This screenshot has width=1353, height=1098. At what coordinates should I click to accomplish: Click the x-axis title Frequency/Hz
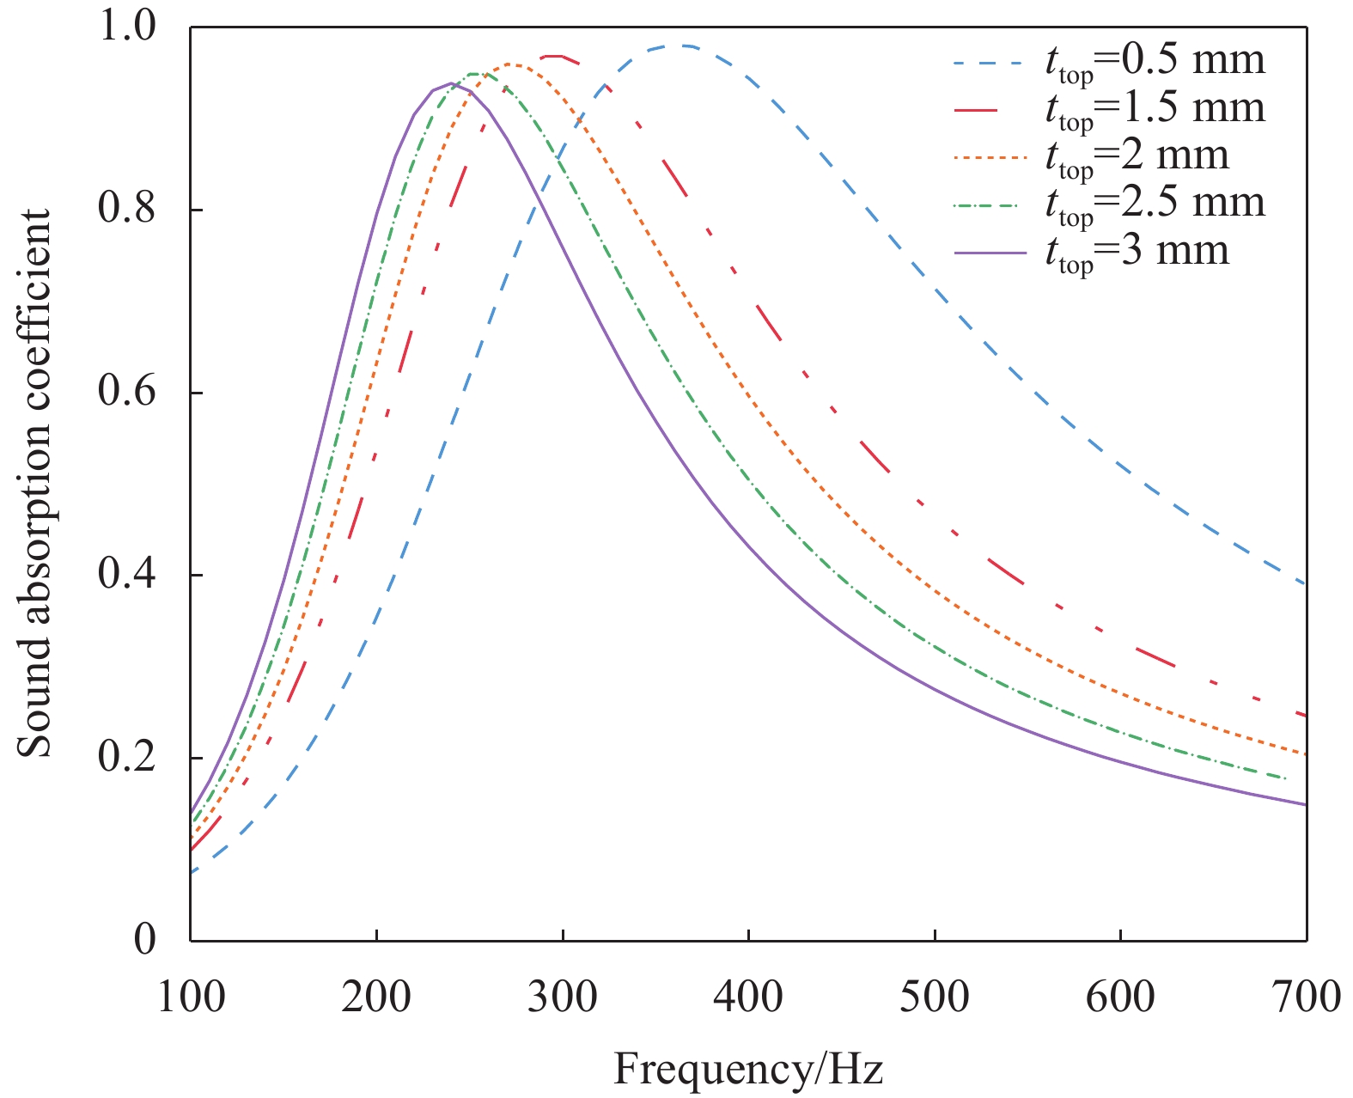click(747, 1070)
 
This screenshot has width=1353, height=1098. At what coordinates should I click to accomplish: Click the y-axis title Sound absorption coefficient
click(35, 483)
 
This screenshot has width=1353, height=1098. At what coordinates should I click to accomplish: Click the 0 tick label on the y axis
click(145, 940)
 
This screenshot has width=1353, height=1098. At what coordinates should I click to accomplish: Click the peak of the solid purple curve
click(451, 83)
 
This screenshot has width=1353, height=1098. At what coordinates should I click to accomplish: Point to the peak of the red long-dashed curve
click(554, 56)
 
